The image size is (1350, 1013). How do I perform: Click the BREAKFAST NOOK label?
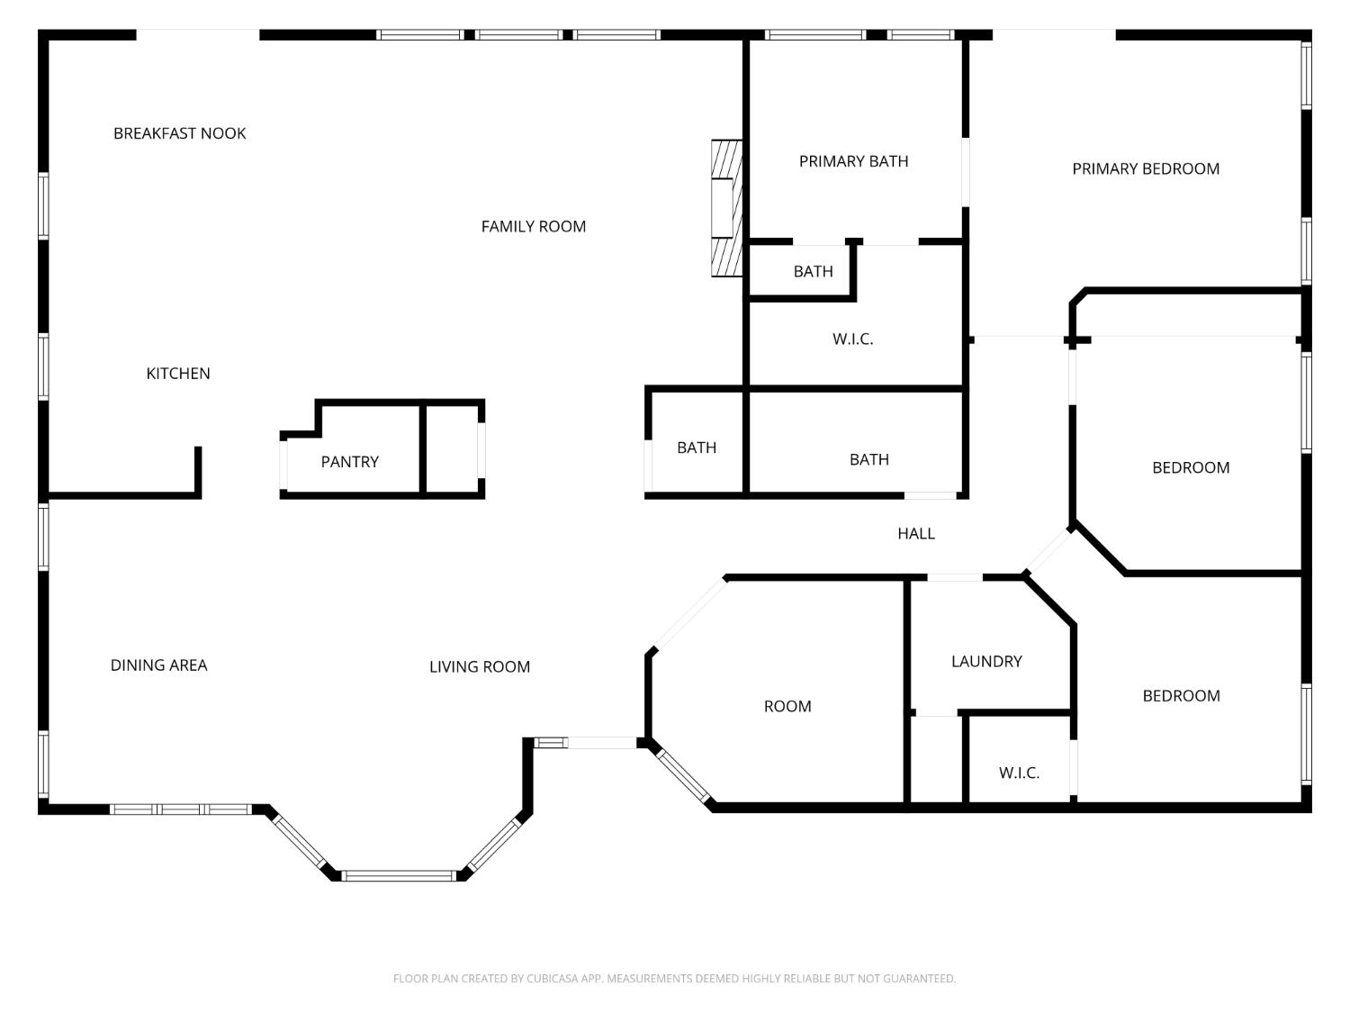coord(179,133)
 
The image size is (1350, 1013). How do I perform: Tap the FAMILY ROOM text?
coord(533,227)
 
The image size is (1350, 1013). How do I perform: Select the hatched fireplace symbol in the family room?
coord(726,208)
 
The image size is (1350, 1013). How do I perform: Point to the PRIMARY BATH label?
coord(853,161)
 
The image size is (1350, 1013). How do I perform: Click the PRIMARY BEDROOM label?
coord(1145,168)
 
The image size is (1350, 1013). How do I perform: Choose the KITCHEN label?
coord(178,374)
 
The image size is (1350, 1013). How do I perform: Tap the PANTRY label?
coord(349,462)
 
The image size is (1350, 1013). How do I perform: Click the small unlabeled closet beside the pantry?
coord(452,448)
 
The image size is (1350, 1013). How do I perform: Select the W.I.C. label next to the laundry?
coord(1019,773)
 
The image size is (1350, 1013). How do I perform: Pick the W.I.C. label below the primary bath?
coord(852,339)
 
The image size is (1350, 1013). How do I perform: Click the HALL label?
coord(915,534)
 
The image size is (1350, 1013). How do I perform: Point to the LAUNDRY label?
coord(986,662)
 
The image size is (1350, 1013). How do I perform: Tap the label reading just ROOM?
coord(787,707)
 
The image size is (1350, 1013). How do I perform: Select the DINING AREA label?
coord(158,665)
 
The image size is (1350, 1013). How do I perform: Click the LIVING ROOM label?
coord(479,667)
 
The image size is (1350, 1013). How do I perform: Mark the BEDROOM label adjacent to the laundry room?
coord(1181,696)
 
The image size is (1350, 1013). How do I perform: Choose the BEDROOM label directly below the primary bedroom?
coord(1190,467)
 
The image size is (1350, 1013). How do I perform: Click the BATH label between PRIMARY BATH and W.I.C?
coord(813,271)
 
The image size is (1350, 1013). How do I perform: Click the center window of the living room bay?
coord(400,875)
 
